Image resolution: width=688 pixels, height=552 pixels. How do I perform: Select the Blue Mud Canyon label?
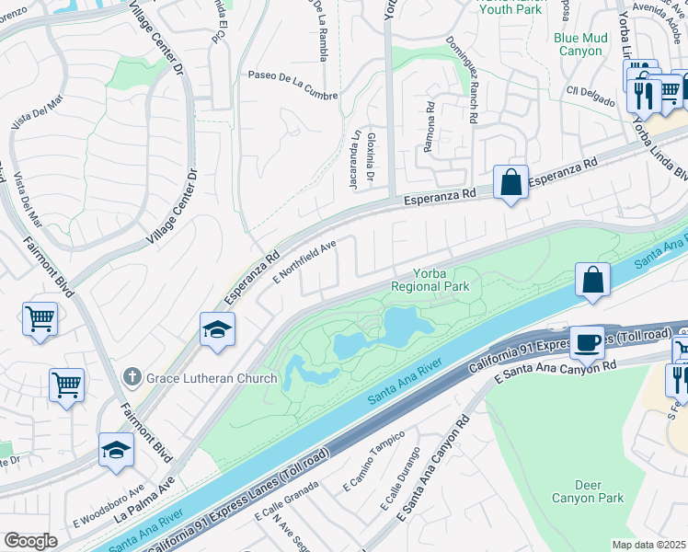click(578, 44)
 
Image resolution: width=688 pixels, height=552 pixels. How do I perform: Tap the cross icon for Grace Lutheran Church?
click(132, 377)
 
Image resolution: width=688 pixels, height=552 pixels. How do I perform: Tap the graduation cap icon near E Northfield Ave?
click(217, 329)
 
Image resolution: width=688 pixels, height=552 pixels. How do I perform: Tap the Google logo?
click(30, 540)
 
